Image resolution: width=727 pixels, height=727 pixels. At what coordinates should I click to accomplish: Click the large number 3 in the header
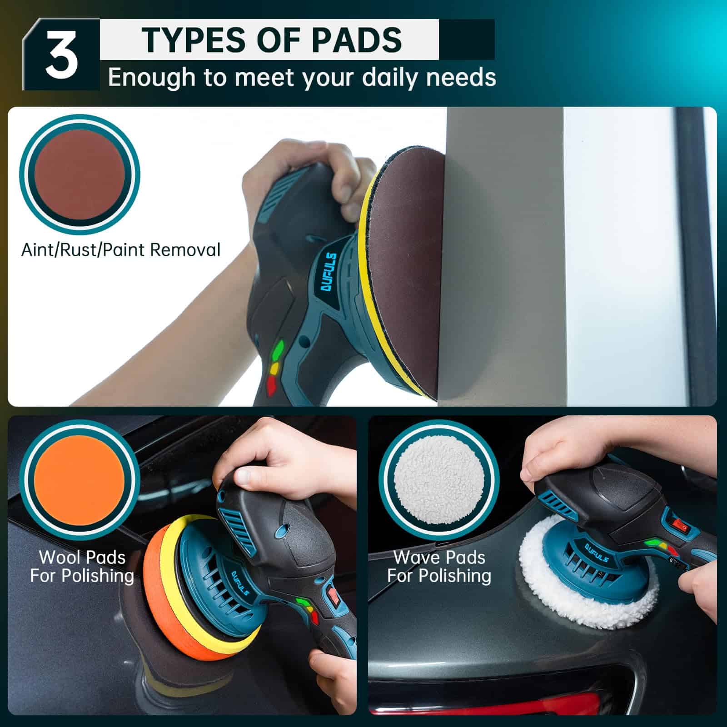pos(61,57)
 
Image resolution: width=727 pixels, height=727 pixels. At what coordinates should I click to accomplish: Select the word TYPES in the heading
pos(196,40)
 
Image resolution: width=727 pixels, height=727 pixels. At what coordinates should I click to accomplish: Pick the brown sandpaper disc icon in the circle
pos(80,174)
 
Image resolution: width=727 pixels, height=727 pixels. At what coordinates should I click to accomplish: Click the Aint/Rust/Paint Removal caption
pos(121,250)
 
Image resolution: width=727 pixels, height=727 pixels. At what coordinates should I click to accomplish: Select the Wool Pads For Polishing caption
pos(82,566)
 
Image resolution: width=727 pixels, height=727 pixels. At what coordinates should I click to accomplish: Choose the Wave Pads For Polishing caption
pos(439,566)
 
